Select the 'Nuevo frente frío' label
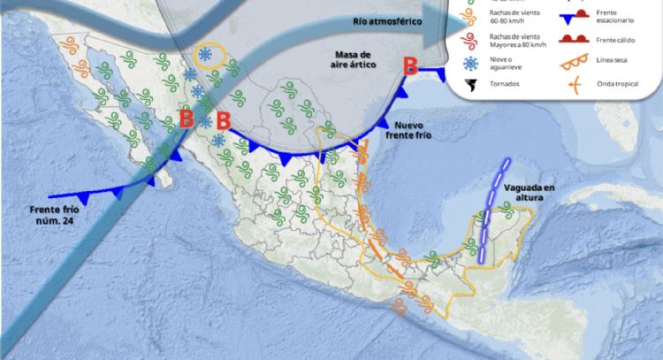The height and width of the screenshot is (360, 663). coord(415,132)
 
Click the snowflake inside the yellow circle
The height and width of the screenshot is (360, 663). coord(206,55)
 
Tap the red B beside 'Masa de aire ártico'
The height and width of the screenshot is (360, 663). coord(410,65)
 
